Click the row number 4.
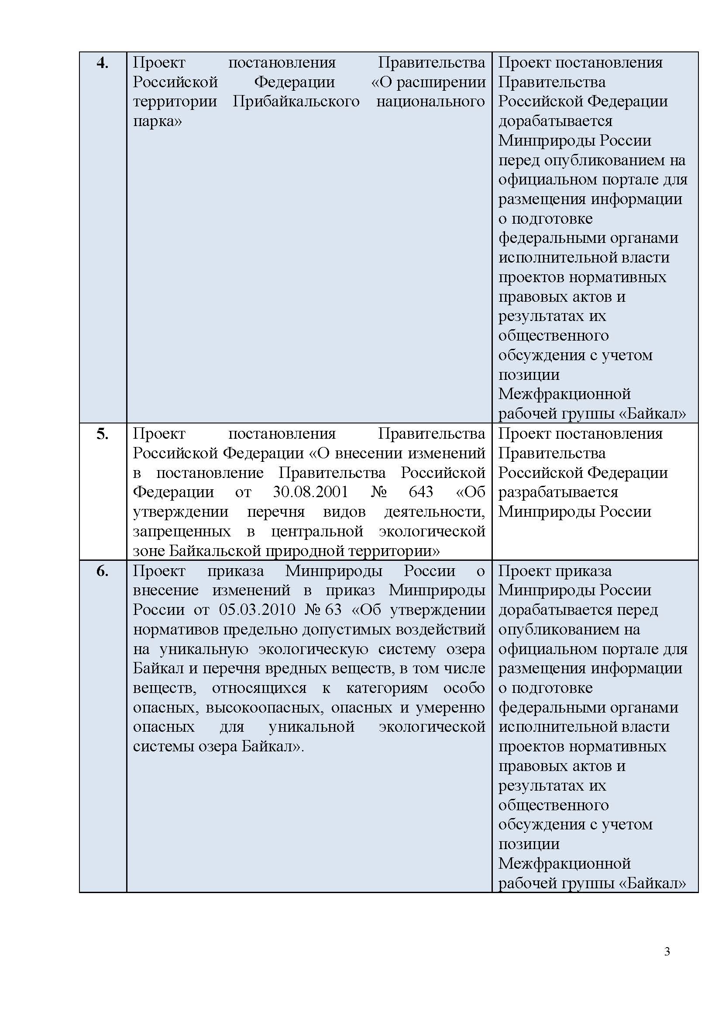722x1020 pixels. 102,64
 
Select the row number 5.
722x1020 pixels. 102,434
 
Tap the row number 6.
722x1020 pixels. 102,572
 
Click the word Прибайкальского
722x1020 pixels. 296,102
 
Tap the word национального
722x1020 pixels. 430,102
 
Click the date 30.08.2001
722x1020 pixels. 310,492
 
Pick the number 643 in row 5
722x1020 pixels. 420,492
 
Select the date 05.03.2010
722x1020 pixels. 257,610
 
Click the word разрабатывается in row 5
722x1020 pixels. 558,492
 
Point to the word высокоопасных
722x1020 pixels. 265,707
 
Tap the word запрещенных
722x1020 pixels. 182,531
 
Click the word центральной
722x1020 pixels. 317,531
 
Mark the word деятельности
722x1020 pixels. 434,512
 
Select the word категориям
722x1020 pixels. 387,688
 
